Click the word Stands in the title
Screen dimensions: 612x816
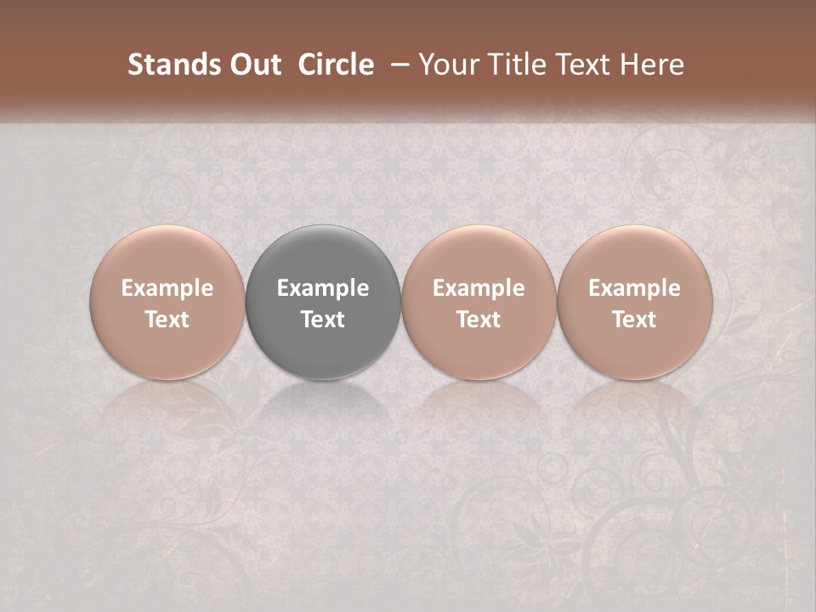pos(168,65)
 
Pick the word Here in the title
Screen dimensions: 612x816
pos(651,65)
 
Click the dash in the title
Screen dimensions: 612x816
pos(396,65)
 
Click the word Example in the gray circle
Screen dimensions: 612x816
pos(323,288)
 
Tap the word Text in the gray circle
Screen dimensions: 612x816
pos(323,320)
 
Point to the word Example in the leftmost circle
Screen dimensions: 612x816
pos(167,288)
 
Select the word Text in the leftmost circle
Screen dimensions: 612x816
pos(167,320)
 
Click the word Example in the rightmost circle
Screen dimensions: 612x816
pos(634,288)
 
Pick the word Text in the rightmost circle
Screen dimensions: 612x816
pos(634,320)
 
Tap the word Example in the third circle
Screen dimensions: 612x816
pos(479,288)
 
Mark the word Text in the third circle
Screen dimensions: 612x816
pos(479,320)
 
